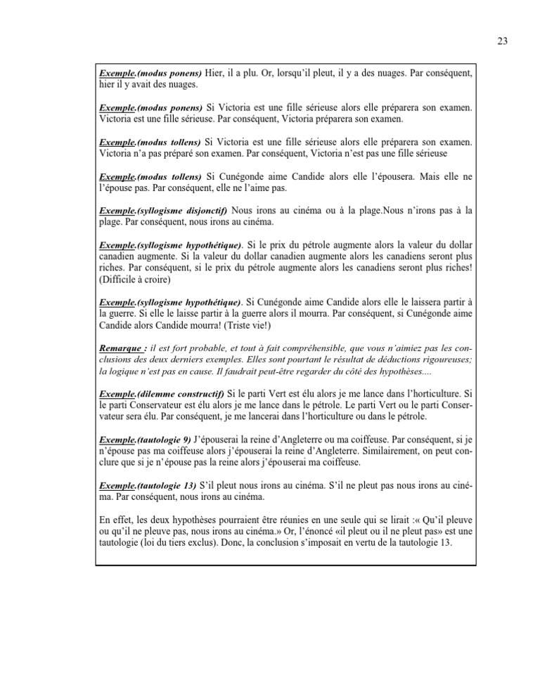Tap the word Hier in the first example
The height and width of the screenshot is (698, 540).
click(x=215, y=73)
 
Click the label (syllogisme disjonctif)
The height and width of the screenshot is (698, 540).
click(x=181, y=210)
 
